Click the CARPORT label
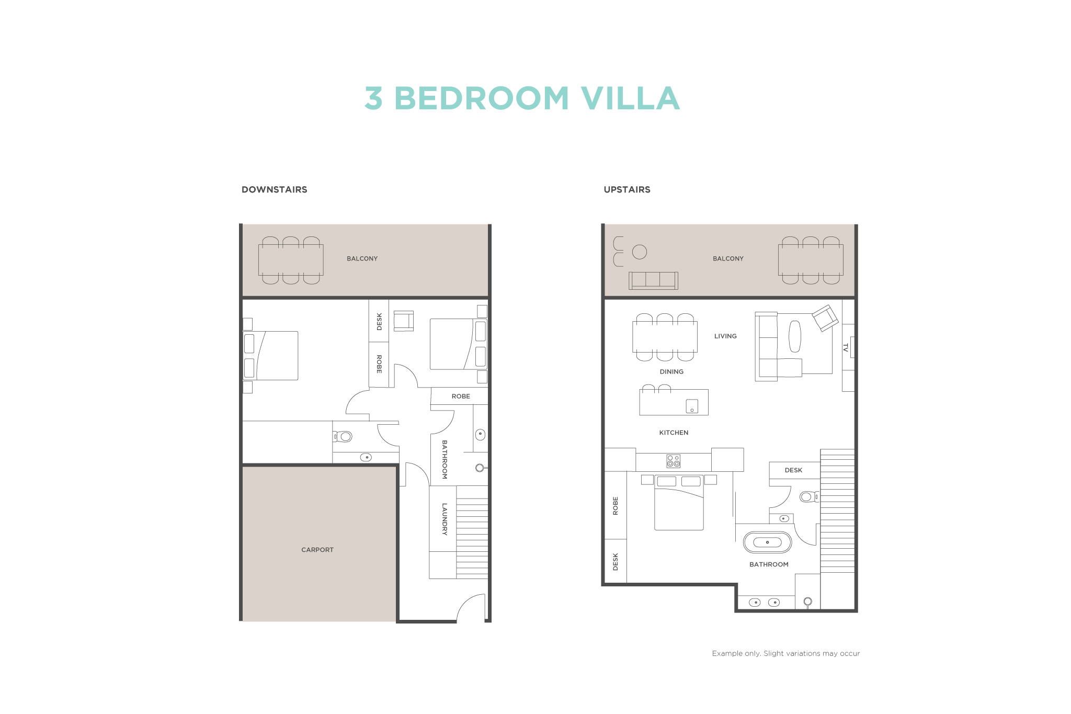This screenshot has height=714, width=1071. pos(317,550)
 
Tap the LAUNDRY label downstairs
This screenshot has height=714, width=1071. pos(445,519)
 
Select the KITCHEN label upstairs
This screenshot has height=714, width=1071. pos(674,433)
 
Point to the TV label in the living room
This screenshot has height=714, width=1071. pos(845,347)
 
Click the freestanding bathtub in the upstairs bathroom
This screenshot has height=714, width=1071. pos(767,542)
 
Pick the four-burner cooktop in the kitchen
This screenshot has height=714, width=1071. pos(673,461)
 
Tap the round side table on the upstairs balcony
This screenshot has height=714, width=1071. pos(640,252)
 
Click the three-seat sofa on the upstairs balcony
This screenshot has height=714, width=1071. pos(653,280)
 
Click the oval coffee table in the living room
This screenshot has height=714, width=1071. pos(794,336)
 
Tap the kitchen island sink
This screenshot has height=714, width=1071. pos(692,406)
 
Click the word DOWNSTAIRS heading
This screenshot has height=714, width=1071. pos(275,189)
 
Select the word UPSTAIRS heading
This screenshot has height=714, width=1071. pos(627,189)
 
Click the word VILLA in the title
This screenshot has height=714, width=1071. pos(630,98)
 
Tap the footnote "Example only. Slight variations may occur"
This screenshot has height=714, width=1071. pos(786,653)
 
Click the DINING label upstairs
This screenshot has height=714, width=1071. pos(671,371)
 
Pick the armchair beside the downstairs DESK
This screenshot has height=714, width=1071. pos(404,321)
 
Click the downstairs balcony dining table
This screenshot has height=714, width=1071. pos(291,260)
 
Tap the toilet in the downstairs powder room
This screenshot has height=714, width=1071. pos(343,436)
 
